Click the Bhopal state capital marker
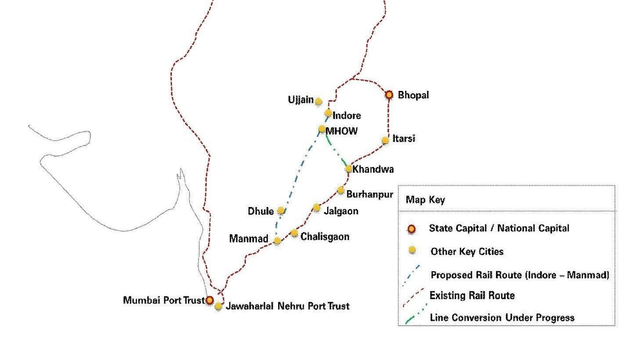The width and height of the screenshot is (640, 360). (389, 95)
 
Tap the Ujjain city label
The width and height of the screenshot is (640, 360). (301, 100)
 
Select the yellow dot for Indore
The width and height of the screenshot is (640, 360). (328, 113)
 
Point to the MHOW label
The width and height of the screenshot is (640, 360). (342, 131)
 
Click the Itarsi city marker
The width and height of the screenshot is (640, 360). (385, 141)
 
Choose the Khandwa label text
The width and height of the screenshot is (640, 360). (373, 169)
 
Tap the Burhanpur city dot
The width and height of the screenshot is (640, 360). (340, 190)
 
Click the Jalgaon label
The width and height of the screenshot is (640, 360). (341, 211)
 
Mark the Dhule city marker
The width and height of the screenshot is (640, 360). (281, 211)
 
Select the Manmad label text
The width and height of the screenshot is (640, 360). (249, 239)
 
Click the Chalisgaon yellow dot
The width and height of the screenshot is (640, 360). (294, 233)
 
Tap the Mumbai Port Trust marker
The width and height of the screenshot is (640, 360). (210, 300)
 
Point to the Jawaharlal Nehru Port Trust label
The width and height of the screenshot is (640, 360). (287, 306)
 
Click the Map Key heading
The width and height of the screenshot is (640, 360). (425, 200)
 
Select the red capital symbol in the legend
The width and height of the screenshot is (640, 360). (412, 229)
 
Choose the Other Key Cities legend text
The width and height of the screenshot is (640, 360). (467, 252)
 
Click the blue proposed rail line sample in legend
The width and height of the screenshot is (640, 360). (412, 275)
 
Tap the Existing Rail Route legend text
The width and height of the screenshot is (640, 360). (472, 295)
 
